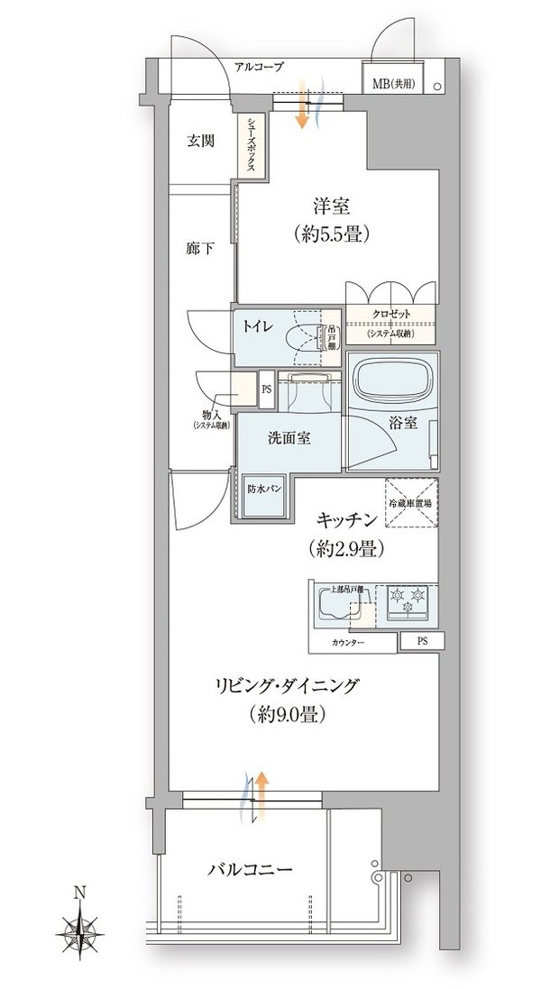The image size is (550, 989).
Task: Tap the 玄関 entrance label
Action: tap(201, 141)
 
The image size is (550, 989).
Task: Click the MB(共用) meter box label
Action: tap(393, 84)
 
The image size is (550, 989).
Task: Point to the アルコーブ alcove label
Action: tap(258, 67)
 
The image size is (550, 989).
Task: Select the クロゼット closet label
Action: tap(390, 314)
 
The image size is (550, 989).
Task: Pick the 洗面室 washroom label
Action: tap(289, 439)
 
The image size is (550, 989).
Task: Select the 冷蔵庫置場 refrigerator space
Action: tap(409, 507)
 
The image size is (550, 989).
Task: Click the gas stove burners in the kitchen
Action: tap(407, 601)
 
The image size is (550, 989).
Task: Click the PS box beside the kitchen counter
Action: tap(422, 641)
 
